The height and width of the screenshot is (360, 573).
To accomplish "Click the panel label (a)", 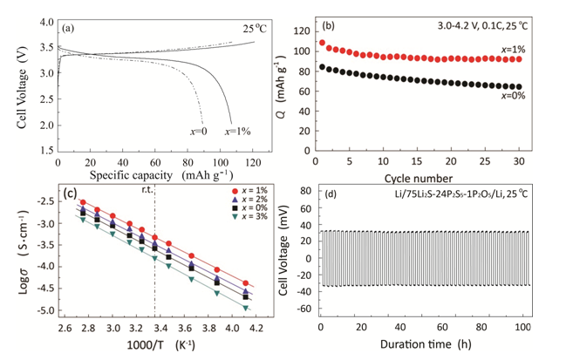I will [66, 27].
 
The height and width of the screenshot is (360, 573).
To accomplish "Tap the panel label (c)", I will [65, 194].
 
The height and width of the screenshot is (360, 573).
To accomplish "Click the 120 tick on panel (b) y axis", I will [302, 31].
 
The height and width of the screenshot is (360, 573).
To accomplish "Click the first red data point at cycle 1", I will [322, 42].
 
